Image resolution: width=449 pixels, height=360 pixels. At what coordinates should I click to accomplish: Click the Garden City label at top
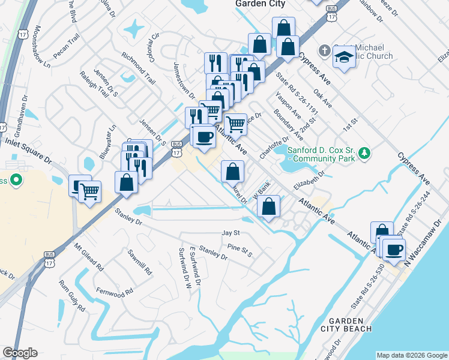(x=260, y=4)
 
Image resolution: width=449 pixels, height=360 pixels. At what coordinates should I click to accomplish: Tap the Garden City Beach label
(x=351, y=325)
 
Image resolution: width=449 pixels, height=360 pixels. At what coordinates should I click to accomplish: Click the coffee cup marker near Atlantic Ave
(x=203, y=136)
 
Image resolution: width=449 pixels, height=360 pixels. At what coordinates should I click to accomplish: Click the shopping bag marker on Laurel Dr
(x=233, y=172)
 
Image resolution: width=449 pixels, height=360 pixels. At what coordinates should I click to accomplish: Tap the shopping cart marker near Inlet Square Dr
(x=90, y=192)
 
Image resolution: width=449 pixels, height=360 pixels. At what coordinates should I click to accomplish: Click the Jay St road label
(x=231, y=233)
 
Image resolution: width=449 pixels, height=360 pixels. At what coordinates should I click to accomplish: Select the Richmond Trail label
(x=139, y=68)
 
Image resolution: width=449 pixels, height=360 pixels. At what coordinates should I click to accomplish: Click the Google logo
(x=20, y=353)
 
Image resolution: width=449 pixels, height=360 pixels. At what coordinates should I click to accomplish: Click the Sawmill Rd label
(x=140, y=263)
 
